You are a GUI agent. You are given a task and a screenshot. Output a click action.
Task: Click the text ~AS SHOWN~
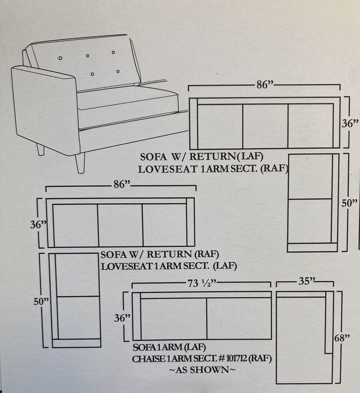tap(199, 370)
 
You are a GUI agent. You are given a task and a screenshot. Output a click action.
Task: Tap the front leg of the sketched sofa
tap(80, 163)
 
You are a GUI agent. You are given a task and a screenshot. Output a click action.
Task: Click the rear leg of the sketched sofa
tap(40, 149)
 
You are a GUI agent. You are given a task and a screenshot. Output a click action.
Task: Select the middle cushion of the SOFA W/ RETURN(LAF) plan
tap(265, 126)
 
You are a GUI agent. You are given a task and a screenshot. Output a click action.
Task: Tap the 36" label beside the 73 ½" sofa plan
tap(122, 317)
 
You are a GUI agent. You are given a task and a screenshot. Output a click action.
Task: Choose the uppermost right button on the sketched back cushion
tap(113, 53)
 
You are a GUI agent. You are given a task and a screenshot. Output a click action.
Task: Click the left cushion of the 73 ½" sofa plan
tap(173, 318)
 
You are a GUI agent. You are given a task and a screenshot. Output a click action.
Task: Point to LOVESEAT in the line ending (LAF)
tap(126, 266)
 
